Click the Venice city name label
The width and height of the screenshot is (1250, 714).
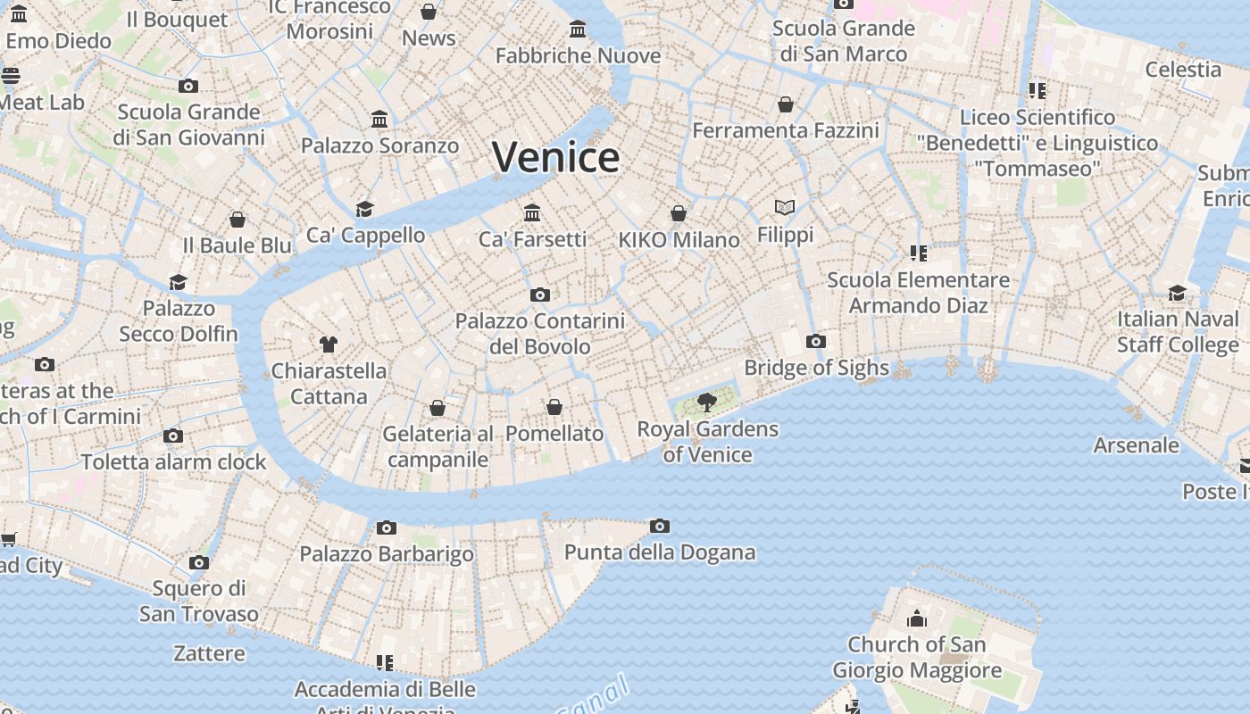(x=555, y=158)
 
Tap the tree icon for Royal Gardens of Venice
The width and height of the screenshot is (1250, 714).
(x=707, y=402)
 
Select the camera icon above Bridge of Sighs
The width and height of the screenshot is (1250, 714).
(x=815, y=341)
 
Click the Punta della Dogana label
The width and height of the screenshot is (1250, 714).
(x=660, y=552)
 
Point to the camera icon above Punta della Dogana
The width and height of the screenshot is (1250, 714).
(x=660, y=526)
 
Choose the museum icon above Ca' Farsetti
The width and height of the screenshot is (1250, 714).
(x=533, y=212)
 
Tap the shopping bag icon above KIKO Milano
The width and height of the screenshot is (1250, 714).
(x=679, y=213)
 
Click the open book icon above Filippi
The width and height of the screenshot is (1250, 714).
(x=785, y=208)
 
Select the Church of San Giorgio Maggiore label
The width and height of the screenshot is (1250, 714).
(x=917, y=657)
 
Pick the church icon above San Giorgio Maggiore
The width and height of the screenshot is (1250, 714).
(x=917, y=619)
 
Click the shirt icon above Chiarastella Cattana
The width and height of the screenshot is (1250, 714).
(x=329, y=344)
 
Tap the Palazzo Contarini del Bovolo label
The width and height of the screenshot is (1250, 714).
(x=539, y=333)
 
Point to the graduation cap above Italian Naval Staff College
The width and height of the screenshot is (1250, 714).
(x=1178, y=293)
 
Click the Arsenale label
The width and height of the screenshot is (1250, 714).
(x=1136, y=444)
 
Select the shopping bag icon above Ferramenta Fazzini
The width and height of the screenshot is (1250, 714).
(x=786, y=104)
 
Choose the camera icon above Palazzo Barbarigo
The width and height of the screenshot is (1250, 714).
(x=387, y=527)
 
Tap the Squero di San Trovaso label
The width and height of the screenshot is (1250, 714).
(x=199, y=601)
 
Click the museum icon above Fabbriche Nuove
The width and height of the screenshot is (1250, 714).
(x=578, y=29)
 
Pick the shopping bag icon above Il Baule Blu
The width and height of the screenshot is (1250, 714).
(x=237, y=219)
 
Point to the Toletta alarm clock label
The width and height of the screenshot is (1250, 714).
(x=174, y=461)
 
